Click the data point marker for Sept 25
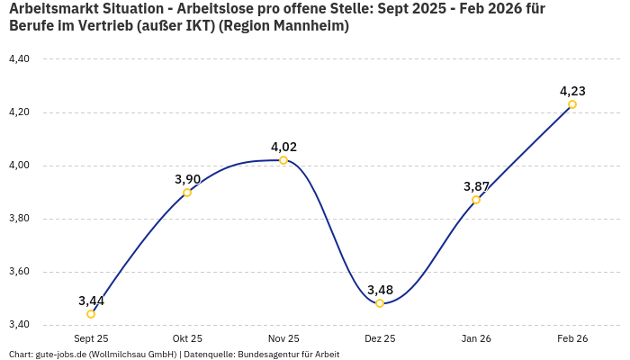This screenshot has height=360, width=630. coord(91,314)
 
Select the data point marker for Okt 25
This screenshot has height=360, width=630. coord(187,193)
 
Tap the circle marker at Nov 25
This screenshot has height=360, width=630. coord(283,160)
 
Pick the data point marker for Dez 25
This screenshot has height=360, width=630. coord(380,303)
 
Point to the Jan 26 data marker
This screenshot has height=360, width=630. coord(476,200)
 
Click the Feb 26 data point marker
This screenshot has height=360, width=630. coord(572,104)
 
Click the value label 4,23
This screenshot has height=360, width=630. coord(572,91)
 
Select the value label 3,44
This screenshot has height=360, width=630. coord(91,301)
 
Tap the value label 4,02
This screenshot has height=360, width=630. coord(283,147)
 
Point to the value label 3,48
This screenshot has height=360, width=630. coord(380,290)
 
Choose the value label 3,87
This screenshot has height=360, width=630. coord(476,186)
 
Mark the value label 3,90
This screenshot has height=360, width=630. coord(187,179)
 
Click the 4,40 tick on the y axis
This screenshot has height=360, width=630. coord(19,59)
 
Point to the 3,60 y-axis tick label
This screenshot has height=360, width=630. coord(19,272)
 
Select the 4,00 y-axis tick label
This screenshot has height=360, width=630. coord(19,166)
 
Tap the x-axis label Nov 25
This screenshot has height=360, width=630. coord(283,338)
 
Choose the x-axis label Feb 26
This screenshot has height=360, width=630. coord(572,338)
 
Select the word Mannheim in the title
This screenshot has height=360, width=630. coord(306,26)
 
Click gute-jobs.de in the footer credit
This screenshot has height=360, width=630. coord(60,355)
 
